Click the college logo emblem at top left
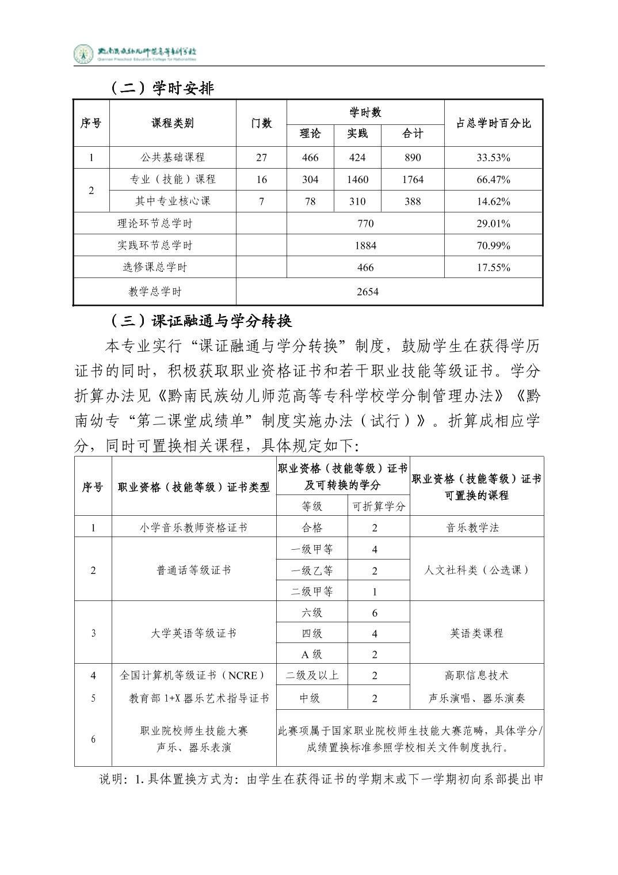click(84, 54)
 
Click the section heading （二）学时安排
click(162, 88)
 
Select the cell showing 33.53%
click(493, 158)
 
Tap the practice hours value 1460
click(357, 180)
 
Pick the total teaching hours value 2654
click(367, 292)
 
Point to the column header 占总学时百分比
click(493, 123)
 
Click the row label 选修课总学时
click(155, 267)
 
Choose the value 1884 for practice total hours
click(365, 246)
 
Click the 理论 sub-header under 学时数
click(310, 134)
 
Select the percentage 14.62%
click(493, 201)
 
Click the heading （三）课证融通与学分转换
click(200, 321)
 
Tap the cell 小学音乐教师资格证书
click(193, 527)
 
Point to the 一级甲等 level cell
click(312, 549)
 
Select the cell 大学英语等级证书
click(193, 633)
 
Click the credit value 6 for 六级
click(375, 613)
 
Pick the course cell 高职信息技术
click(476, 675)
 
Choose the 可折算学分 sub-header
click(379, 507)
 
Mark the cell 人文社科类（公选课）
click(476, 570)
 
